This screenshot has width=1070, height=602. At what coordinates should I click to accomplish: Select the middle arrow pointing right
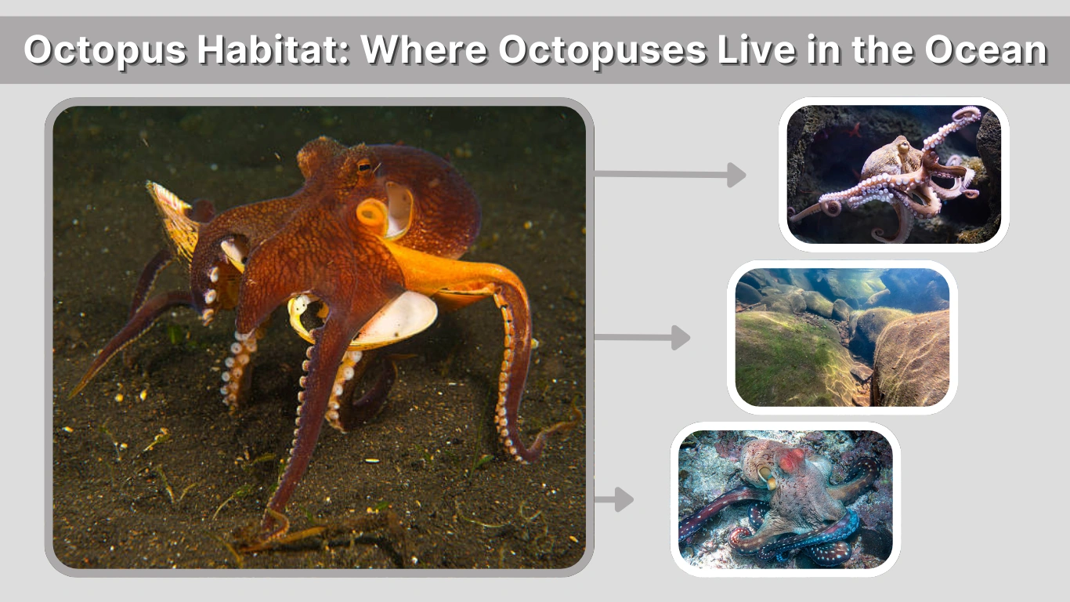642,338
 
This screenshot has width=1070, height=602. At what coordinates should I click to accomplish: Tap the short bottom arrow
615,499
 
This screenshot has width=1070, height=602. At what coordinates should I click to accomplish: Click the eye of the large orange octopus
365,165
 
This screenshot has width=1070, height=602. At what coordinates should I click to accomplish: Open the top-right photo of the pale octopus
894,174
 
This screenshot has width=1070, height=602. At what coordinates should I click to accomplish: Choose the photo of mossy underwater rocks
842,337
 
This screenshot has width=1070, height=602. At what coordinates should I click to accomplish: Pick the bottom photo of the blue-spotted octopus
785,499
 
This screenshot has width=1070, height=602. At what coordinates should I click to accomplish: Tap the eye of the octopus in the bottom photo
764,473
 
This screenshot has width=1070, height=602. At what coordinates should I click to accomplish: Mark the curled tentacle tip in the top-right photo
968,115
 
